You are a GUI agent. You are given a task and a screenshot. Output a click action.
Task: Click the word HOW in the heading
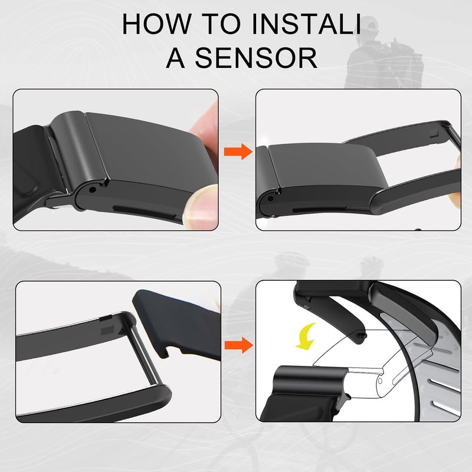tap(157, 24)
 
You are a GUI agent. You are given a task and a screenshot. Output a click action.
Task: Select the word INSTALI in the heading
tap(306, 24)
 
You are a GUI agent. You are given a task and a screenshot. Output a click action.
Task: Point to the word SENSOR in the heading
tap(256, 57)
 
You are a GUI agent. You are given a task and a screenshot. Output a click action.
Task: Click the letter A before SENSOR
tap(175, 57)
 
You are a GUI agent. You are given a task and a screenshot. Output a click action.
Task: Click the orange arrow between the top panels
tap(238, 152)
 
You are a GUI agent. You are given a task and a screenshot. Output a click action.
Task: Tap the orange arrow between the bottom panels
tap(239, 345)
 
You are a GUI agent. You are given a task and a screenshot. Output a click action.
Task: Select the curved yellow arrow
tap(306, 337)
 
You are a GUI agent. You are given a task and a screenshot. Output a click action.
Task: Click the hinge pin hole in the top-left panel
tap(93, 190)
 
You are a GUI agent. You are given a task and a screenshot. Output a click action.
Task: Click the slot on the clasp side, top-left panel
tap(144, 212)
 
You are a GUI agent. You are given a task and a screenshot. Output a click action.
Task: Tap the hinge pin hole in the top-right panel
tap(271, 199)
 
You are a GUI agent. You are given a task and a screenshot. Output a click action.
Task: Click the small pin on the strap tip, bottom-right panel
tap(365, 335)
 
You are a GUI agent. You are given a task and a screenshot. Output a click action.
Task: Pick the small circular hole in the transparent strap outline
tap(380, 381)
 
